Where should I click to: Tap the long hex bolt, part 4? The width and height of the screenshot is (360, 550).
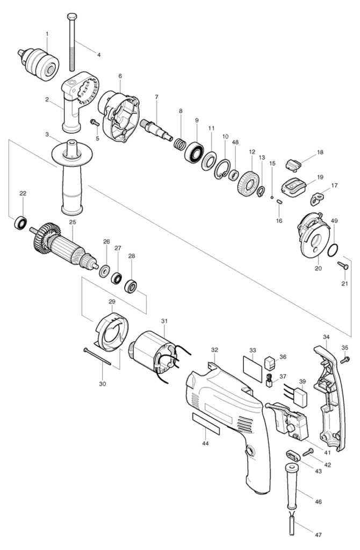73,42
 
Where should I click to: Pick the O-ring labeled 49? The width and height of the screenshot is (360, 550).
333,250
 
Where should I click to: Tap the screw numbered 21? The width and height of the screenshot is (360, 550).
343,265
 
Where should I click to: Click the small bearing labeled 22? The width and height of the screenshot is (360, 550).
21,223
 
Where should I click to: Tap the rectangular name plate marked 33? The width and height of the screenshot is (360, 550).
253,370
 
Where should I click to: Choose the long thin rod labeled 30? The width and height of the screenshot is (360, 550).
98,357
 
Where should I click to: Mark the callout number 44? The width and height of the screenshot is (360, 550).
205,443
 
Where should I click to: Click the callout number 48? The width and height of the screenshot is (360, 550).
235,142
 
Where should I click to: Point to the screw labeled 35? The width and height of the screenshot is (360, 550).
345,359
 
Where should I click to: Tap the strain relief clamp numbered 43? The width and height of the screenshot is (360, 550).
293,456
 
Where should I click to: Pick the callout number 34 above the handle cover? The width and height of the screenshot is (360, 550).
326,337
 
